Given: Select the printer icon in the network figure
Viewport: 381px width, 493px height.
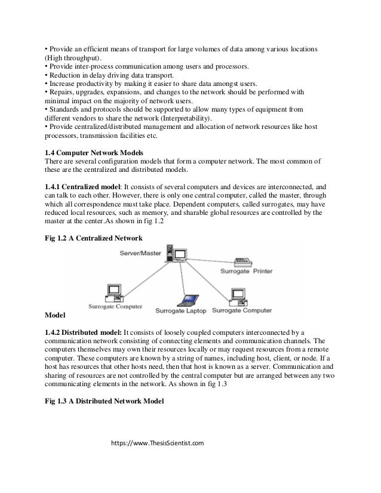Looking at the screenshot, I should [x=243, y=261].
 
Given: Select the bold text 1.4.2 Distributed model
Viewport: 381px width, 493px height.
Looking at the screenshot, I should [x=84, y=332].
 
